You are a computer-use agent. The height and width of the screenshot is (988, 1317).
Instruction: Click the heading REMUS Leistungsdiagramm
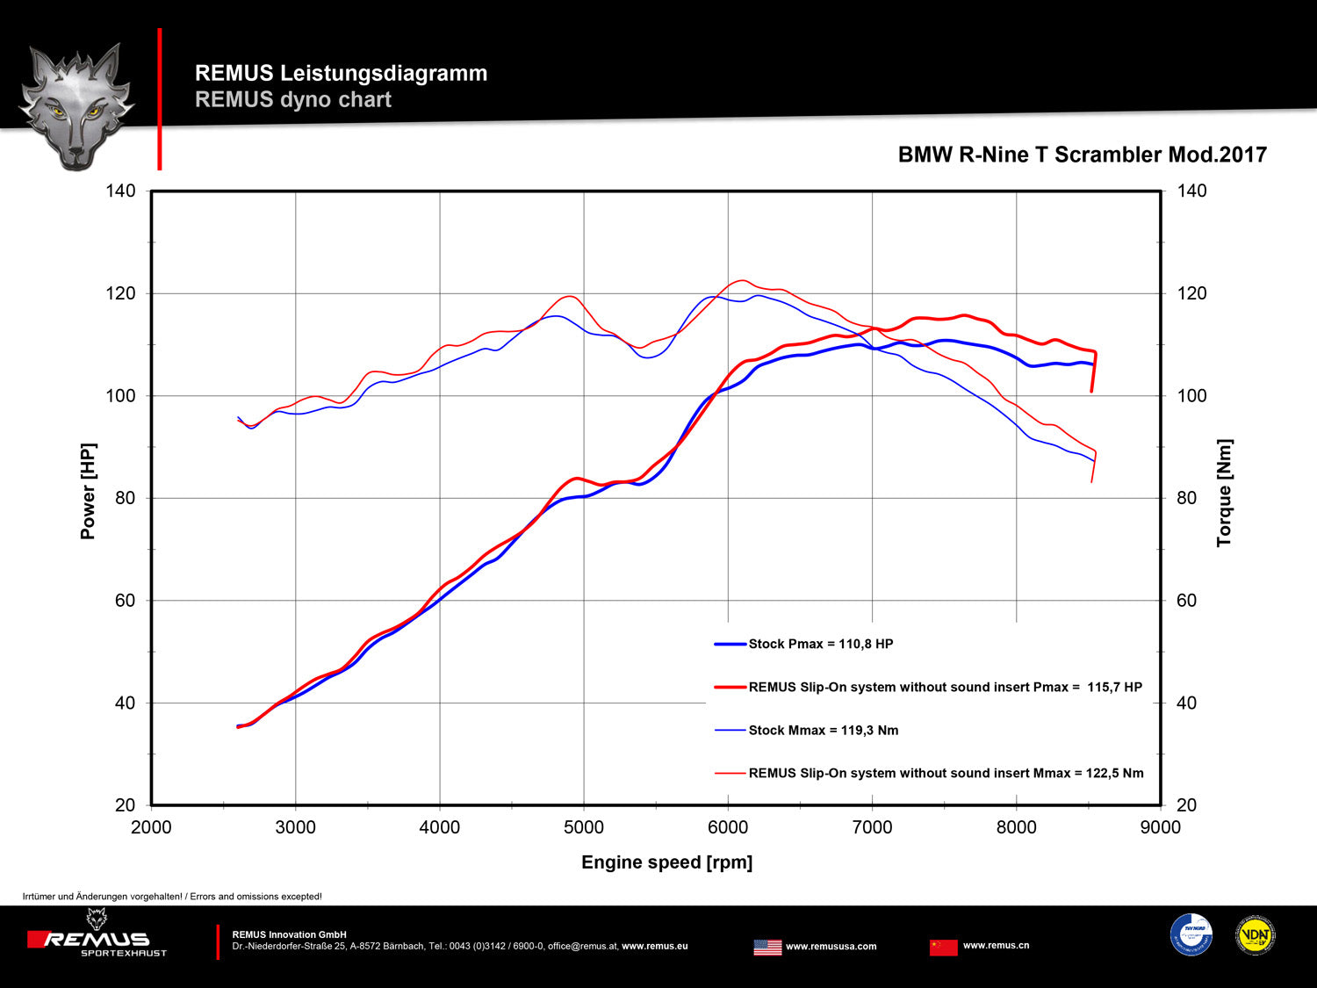pos(341,73)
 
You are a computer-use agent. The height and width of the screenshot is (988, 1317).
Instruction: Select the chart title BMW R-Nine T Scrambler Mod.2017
pos(1082,155)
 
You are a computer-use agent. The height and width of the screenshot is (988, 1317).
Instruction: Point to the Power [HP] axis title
pos(88,491)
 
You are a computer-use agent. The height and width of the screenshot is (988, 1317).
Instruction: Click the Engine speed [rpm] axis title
pos(666,862)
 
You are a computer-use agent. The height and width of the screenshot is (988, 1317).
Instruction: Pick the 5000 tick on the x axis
pos(584,827)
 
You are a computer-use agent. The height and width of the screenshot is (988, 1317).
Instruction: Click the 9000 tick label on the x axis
pos(1160,827)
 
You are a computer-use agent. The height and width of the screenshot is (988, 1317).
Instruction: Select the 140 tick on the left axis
pos(120,191)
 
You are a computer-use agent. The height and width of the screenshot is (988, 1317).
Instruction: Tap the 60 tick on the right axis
pos(1186,601)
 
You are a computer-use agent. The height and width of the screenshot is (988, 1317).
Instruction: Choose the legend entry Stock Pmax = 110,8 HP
pos(820,644)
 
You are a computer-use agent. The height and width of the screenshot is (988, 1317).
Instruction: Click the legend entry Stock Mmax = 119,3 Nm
pos(823,730)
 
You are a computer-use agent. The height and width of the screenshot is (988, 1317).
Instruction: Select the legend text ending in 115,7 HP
pos(945,687)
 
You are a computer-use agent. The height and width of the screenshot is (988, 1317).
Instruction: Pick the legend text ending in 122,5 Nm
pos(946,773)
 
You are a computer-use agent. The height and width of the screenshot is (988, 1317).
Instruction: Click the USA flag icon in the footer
pos(767,947)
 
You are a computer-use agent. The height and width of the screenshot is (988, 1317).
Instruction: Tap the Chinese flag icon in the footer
pos(943,947)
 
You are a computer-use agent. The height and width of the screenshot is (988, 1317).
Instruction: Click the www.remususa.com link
pos(831,947)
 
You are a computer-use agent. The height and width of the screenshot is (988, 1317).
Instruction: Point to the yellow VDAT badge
pos(1255,935)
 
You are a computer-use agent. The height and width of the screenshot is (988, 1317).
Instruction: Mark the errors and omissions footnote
pos(172,897)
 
